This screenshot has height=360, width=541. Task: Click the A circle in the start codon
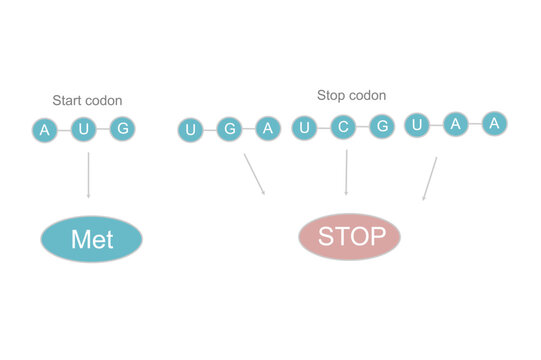[x=44, y=130]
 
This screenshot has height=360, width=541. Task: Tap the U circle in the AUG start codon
[x=84, y=129]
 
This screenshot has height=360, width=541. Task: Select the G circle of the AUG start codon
[x=122, y=128]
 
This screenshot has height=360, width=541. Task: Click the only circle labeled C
[x=343, y=127]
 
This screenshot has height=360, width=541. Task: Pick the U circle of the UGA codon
[x=191, y=129]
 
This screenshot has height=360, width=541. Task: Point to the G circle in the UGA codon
[x=229, y=128]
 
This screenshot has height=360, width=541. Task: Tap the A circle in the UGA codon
[x=266, y=127]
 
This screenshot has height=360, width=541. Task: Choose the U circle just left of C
[x=304, y=127]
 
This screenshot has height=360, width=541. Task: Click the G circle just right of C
[x=380, y=126]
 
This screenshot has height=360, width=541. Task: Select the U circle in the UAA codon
[x=417, y=125]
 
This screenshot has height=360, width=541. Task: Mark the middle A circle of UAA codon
[x=455, y=124]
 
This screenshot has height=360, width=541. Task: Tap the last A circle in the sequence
[x=493, y=123]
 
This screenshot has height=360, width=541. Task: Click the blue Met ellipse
[x=91, y=239]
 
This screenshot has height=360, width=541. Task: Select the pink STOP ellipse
[x=349, y=237]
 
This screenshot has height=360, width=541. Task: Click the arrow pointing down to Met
[x=88, y=175]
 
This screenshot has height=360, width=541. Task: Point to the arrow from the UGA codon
[x=254, y=173]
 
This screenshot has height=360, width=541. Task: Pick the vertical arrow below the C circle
[x=346, y=172]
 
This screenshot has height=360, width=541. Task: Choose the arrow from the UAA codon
[x=429, y=178]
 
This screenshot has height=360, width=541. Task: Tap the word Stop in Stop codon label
[x=332, y=96]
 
